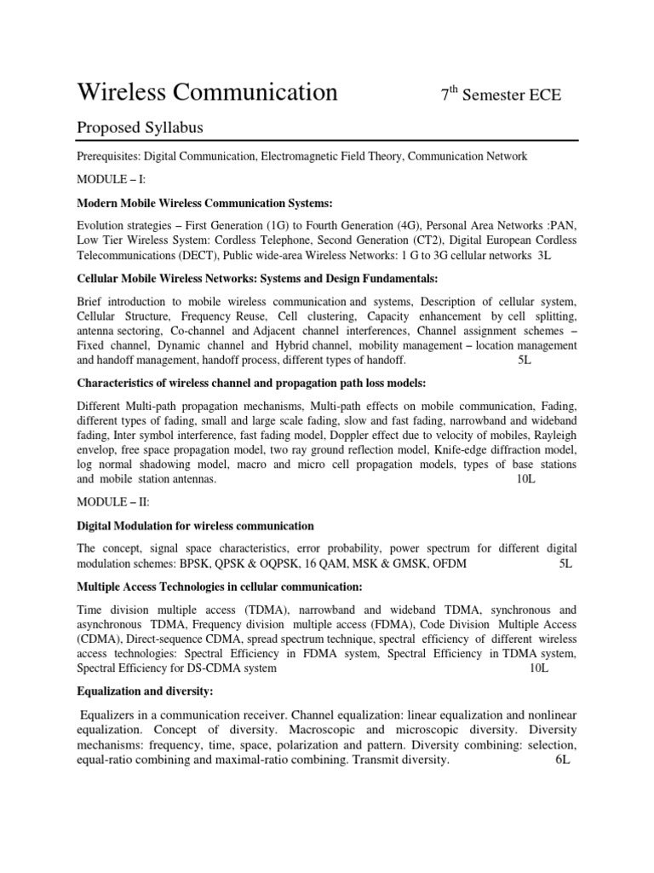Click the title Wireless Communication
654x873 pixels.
click(x=207, y=93)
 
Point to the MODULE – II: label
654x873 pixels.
click(x=112, y=503)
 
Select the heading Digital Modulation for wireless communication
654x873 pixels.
click(x=195, y=525)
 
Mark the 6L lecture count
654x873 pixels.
click(x=561, y=760)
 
